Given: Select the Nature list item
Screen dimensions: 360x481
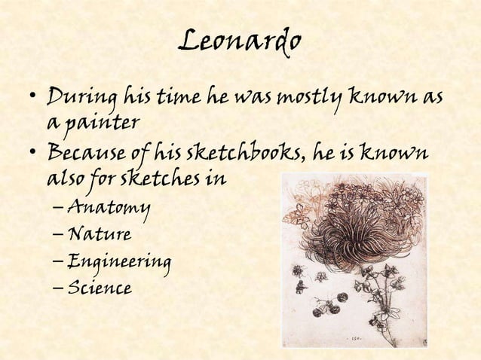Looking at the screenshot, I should [x=100, y=234].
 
